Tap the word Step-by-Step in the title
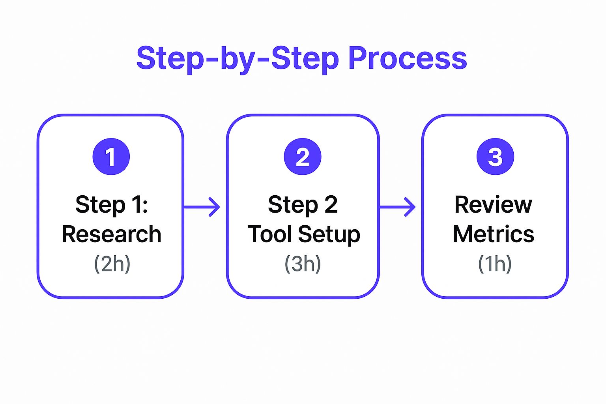pyautogui.click(x=238, y=60)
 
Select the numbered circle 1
pyautogui.click(x=111, y=157)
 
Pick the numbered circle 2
pyautogui.click(x=303, y=157)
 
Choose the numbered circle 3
pyautogui.click(x=496, y=157)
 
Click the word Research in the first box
pyautogui.click(x=112, y=234)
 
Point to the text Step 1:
pyautogui.click(x=112, y=206)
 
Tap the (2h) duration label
pyautogui.click(x=112, y=264)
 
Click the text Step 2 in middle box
pyautogui.click(x=303, y=206)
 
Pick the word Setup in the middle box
pyautogui.click(x=329, y=235)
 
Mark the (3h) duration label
pyautogui.click(x=303, y=264)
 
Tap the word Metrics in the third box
pyautogui.click(x=494, y=234)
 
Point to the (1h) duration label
pyautogui.click(x=495, y=264)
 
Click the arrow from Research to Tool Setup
pyautogui.click(x=202, y=207)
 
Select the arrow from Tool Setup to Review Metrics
pyautogui.click(x=397, y=207)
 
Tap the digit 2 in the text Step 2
pyautogui.click(x=331, y=204)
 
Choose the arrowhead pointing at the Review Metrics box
pyautogui.click(x=410, y=207)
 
